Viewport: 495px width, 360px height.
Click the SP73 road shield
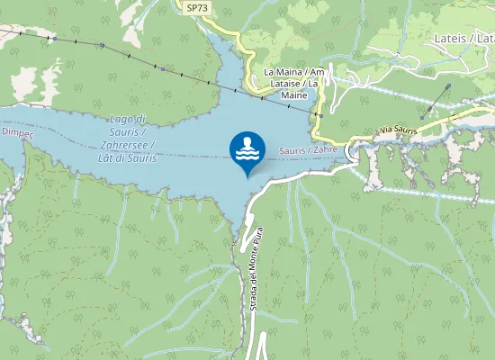point(197,7)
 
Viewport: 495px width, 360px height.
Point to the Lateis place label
point(448,38)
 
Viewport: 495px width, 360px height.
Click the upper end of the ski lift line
point(448,87)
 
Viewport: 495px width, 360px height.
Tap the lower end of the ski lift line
point(421,116)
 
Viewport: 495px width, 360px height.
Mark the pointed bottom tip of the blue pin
point(247,177)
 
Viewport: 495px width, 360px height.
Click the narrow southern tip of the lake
point(239,236)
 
